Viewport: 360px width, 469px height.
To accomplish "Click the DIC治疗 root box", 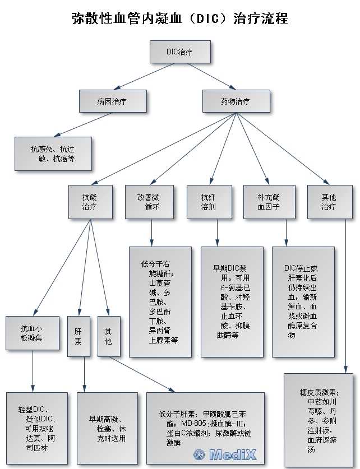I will point(179,52).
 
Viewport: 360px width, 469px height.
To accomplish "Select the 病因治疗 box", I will point(112,101).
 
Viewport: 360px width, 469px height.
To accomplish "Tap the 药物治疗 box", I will point(236,101).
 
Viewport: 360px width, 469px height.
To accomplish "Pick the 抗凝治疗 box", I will point(90,202).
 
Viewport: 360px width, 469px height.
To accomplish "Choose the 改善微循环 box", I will point(149,202).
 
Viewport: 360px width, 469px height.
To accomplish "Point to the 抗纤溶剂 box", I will point(209,202).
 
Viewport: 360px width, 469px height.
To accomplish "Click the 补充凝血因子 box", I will point(269,202).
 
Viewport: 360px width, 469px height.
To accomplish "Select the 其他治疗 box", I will point(329,202).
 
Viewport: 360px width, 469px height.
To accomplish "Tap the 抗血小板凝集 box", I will point(32,333).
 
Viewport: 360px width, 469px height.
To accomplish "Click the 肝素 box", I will point(78,336).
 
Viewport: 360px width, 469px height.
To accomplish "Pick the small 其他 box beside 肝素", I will point(108,336).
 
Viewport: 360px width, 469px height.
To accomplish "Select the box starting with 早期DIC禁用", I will point(232,301).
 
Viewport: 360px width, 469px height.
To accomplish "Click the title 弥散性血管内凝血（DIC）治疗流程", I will point(180,18).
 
